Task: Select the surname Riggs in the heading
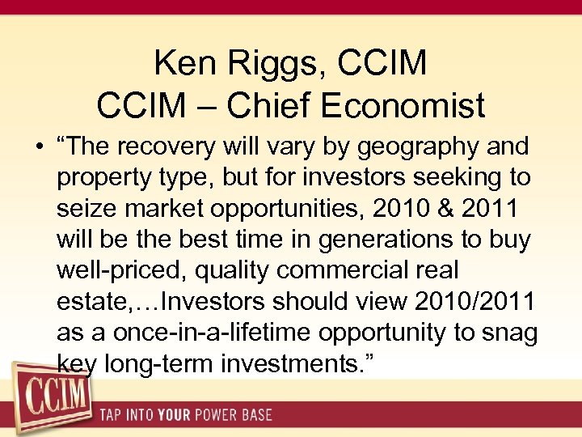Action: [276, 62]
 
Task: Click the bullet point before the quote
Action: [39, 148]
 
